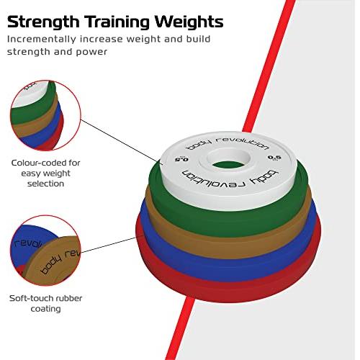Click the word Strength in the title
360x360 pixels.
(x=43, y=22)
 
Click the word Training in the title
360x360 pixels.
(x=117, y=22)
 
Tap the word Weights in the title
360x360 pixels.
(x=189, y=22)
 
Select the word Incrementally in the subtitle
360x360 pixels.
(x=42, y=40)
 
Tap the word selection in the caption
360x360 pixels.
(x=45, y=184)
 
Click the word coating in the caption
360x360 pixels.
(x=45, y=309)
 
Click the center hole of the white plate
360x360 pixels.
(x=228, y=159)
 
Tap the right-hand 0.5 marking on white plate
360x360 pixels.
(x=274, y=158)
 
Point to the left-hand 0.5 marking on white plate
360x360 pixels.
(x=181, y=159)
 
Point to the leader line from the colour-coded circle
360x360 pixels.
(x=122, y=142)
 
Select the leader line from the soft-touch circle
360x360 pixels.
(x=112, y=244)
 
